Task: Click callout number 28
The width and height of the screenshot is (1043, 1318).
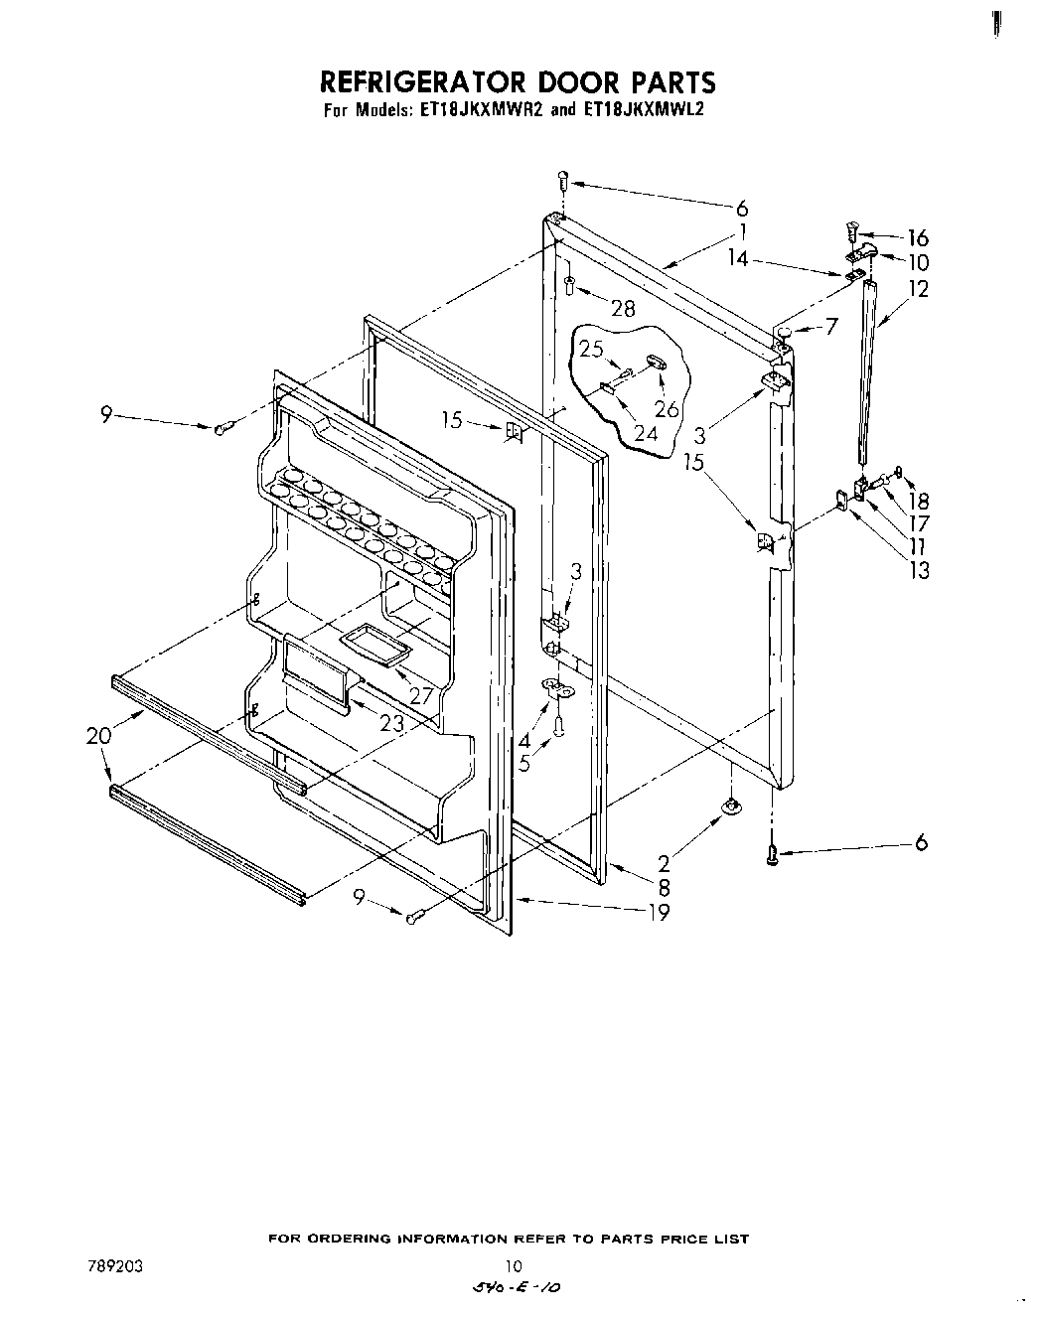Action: click(x=622, y=308)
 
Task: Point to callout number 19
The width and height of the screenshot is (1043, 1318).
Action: click(x=659, y=912)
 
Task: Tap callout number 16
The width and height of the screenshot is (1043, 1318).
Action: click(x=918, y=237)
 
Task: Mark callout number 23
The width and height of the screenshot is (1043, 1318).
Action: click(x=392, y=724)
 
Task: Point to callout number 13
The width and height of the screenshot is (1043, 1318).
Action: click(x=920, y=570)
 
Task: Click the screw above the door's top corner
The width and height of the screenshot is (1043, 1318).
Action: click(x=562, y=182)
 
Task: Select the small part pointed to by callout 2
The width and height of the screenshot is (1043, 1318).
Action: click(x=731, y=807)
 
